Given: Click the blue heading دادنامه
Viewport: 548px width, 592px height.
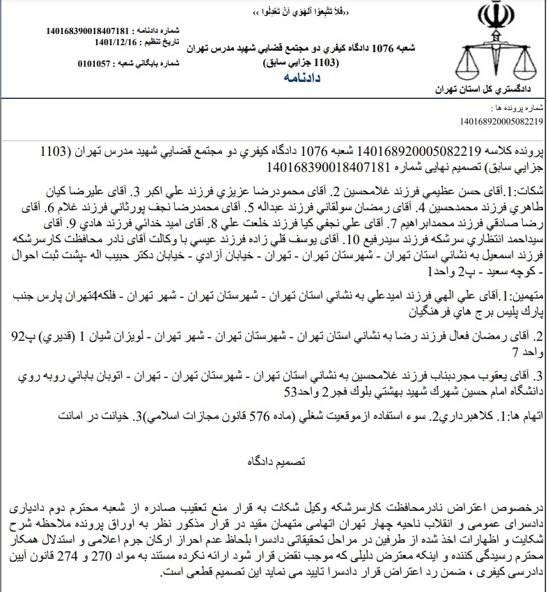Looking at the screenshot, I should point(302,79).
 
